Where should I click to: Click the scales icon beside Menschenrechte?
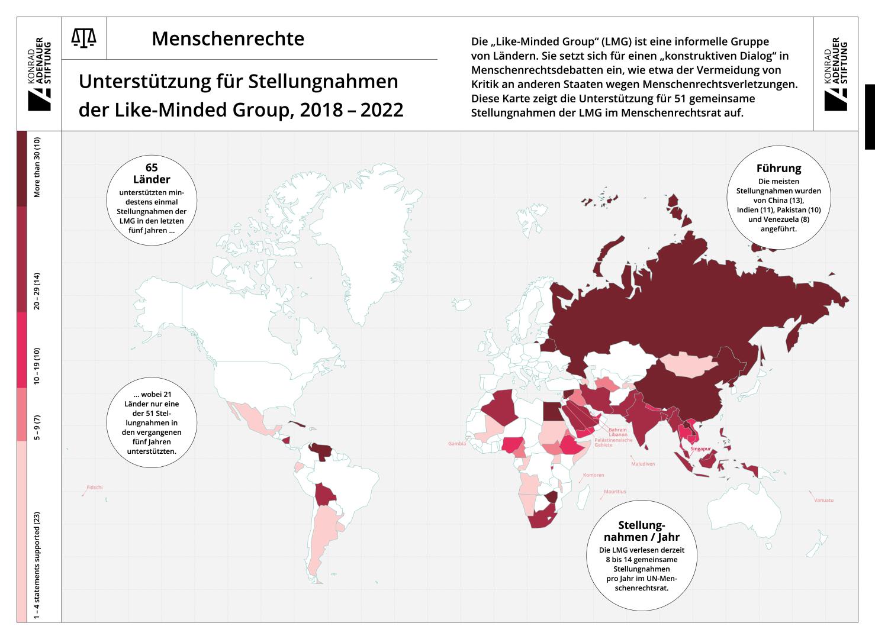(x=83, y=38)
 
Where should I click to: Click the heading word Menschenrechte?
(x=228, y=39)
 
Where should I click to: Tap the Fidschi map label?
(x=95, y=488)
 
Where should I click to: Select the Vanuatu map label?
(x=823, y=501)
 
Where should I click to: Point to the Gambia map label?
(x=457, y=443)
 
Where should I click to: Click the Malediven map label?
(x=643, y=464)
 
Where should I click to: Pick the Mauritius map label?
(x=615, y=492)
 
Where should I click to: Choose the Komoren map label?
(x=594, y=475)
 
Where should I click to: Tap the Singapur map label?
(x=700, y=449)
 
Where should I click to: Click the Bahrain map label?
(x=617, y=430)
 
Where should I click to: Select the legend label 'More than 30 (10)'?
(x=37, y=167)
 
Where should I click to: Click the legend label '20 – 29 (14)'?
(x=37, y=291)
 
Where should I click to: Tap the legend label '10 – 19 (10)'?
(x=37, y=366)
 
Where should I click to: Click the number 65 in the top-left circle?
(x=152, y=168)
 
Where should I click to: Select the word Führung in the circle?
(x=779, y=169)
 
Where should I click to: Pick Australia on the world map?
(x=764, y=509)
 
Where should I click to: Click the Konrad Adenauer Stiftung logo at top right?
(x=836, y=74)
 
